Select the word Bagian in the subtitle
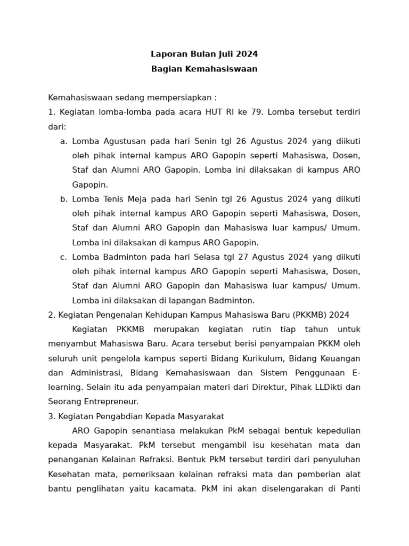[165, 69]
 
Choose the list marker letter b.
[63, 199]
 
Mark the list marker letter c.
[63, 257]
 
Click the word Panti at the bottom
[349, 488]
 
